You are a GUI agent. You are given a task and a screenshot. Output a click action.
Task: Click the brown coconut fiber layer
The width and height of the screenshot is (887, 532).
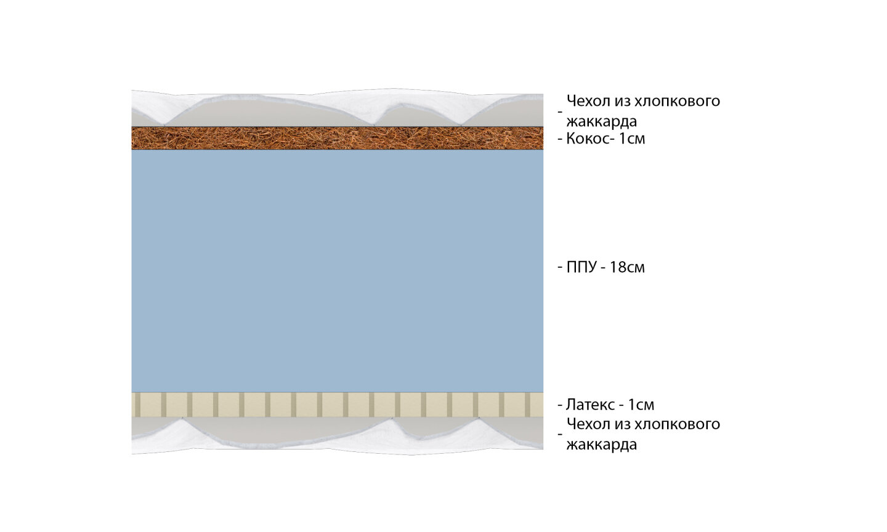tap(337, 137)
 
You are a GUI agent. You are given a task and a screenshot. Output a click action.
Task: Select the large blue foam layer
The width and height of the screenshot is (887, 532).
tap(337, 271)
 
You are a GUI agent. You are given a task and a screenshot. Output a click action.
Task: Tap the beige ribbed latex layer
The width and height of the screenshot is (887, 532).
tap(337, 405)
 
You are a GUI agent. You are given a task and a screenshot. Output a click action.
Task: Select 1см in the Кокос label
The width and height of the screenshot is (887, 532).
tap(631, 139)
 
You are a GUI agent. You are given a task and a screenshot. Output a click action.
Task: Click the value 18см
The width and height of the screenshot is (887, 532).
tap(627, 267)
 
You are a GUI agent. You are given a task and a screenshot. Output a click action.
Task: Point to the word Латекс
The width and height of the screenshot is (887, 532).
tap(590, 405)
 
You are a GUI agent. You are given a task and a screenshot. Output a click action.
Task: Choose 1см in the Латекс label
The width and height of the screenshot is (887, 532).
tap(638, 405)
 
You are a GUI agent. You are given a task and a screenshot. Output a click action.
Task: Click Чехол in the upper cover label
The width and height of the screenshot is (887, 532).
tap(586, 100)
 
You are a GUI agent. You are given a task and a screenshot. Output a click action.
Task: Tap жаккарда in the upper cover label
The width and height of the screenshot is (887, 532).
tap(601, 121)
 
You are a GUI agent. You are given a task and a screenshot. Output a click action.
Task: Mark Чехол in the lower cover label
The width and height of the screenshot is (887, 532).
tap(586, 424)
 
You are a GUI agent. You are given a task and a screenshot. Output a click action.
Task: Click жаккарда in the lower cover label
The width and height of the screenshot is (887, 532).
tap(601, 445)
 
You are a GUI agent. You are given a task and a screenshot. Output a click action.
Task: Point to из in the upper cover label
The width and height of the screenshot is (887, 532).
tap(620, 100)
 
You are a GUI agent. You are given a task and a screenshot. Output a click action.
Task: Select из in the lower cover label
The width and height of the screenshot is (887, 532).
tap(620, 424)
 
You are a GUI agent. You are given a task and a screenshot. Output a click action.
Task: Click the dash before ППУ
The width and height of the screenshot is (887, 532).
tap(560, 267)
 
